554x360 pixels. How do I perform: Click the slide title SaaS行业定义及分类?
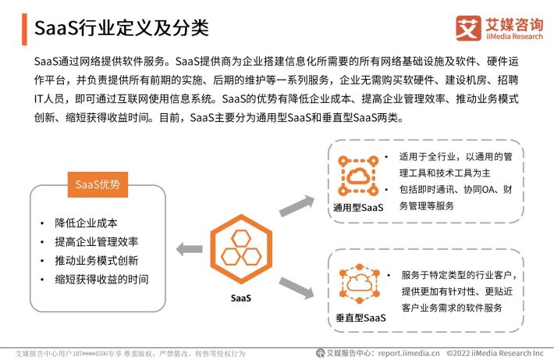tap(122, 28)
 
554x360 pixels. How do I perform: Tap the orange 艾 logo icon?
tap(468, 28)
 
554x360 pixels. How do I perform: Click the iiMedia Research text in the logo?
tap(514, 37)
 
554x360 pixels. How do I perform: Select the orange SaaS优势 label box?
tap(98, 184)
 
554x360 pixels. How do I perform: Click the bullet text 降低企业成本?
tap(86, 223)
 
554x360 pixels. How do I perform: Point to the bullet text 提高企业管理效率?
tap(97, 242)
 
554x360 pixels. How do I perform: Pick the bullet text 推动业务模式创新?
tap(97, 261)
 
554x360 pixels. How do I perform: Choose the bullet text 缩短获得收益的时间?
tap(101, 280)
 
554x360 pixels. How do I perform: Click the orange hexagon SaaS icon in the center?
tap(241, 249)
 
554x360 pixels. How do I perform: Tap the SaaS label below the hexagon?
tap(241, 298)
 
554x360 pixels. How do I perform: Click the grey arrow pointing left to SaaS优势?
tap(190, 249)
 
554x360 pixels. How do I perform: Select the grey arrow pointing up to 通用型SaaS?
tap(297, 206)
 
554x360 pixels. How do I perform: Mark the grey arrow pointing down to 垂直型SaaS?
tap(297, 288)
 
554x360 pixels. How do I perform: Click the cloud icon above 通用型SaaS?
tap(358, 176)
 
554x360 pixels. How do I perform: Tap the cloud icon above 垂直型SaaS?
tap(359, 283)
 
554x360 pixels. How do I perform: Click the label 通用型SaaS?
tap(358, 208)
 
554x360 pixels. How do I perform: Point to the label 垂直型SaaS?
tap(360, 318)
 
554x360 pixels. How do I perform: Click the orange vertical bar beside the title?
tap(24, 30)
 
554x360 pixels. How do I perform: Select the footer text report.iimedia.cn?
tap(409, 353)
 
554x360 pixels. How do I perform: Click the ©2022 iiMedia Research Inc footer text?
tap(495, 353)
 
